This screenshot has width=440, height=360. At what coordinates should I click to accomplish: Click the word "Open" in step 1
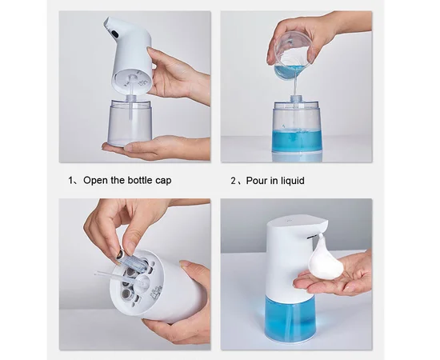pos(96,181)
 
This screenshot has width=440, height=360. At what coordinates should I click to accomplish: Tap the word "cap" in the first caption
pos(163,181)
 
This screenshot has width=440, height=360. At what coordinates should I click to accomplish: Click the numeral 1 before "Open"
pos(70,181)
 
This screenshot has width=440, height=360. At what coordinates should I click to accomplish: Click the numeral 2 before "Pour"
pos(234,181)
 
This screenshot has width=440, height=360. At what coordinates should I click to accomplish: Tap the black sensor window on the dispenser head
pos(114,33)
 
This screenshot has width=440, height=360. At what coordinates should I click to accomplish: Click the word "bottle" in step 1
pos(140,180)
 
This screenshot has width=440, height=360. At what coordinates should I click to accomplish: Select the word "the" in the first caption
pos(118,180)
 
